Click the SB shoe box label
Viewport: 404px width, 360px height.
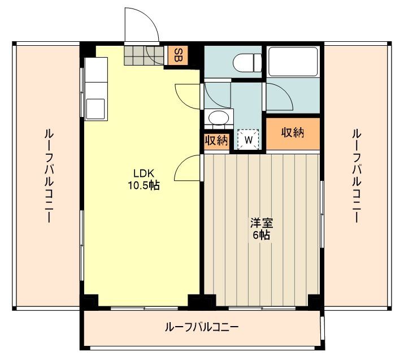(x=177, y=55)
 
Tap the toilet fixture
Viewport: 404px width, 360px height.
(x=247, y=62)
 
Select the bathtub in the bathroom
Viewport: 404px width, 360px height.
(x=293, y=61)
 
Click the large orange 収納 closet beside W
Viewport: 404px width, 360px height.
(x=293, y=133)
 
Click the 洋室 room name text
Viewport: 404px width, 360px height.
(x=261, y=223)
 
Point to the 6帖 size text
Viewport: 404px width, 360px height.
(x=261, y=235)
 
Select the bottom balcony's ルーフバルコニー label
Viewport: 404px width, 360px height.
(x=202, y=327)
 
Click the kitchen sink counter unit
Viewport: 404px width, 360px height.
(x=94, y=88)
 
